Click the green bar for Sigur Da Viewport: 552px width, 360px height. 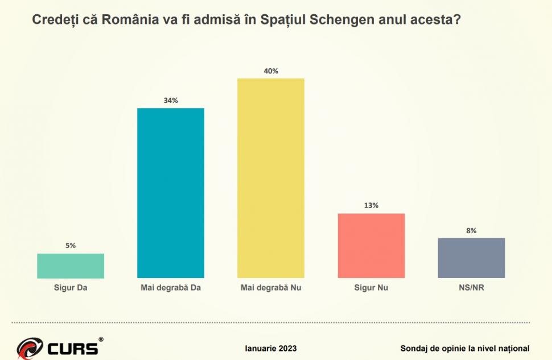click(71, 266)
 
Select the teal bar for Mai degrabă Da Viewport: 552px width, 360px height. click(171, 193)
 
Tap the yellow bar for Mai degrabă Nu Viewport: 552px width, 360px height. click(271, 178)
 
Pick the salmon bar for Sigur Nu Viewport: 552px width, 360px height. click(371, 246)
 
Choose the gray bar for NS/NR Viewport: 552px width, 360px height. click(471, 258)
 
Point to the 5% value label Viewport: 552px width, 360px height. click(71, 246)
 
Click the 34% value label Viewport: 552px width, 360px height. click(171, 100)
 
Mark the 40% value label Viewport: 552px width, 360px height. click(271, 71)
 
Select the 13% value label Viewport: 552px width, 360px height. click(371, 205)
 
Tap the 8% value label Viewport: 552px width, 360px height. click(471, 230)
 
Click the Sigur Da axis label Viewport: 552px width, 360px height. click(71, 288)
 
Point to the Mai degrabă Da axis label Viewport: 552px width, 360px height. click(171, 288)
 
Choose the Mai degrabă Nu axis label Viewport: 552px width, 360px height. click(271, 288)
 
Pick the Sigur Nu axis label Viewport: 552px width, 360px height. click(371, 288)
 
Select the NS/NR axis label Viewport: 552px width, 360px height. click(471, 288)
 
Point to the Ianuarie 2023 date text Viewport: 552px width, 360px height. click(271, 348)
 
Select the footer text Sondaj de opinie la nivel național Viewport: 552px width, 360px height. click(465, 348)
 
